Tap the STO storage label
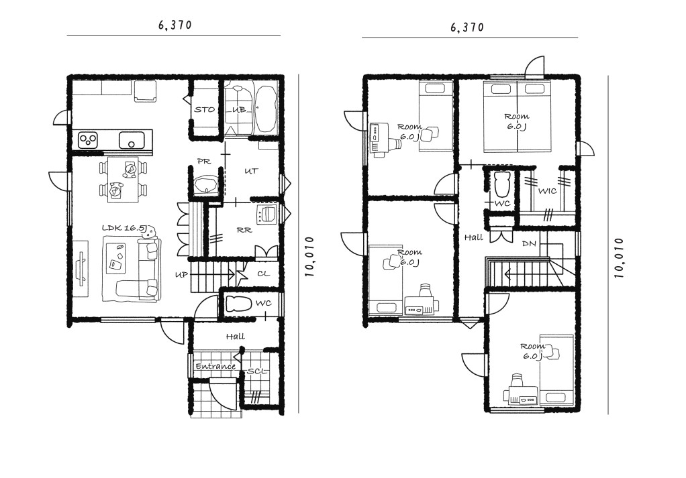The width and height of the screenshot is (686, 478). [204, 110]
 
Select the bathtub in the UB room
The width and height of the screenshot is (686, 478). [266, 109]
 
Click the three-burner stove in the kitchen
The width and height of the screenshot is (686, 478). [88, 140]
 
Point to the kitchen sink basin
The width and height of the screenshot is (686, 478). [132, 141]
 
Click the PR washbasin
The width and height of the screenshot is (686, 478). [205, 185]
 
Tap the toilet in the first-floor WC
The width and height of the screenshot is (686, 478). [238, 303]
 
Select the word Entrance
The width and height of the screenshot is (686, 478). [215, 366]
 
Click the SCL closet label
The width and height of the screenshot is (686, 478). [257, 371]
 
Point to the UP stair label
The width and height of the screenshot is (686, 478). [181, 275]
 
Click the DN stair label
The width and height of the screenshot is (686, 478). [529, 244]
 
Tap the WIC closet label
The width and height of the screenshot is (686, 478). [547, 191]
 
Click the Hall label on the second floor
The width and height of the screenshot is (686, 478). [474, 237]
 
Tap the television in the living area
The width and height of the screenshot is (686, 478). [81, 269]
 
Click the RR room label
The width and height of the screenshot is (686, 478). [244, 230]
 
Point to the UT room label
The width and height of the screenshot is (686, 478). [251, 171]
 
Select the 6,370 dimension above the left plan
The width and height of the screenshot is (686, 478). [175, 25]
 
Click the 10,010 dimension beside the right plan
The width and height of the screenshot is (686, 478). [618, 258]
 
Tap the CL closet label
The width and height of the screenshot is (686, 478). [263, 274]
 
